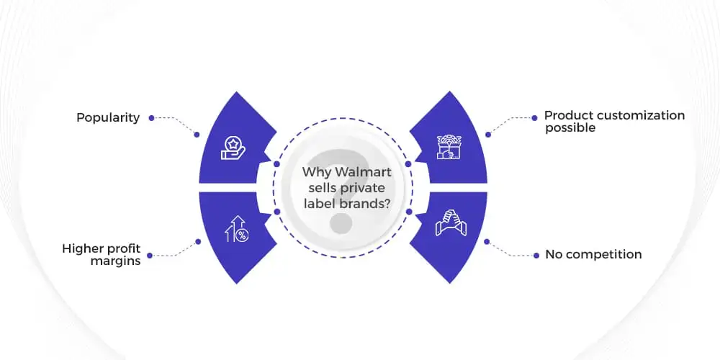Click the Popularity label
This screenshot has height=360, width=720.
click(x=108, y=118)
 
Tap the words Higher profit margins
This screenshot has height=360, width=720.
click(x=102, y=256)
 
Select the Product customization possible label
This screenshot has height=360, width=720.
click(x=614, y=122)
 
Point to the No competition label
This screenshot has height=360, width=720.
click(x=593, y=254)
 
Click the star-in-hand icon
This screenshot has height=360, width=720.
click(x=233, y=148)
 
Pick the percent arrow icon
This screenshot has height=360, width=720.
click(x=236, y=229)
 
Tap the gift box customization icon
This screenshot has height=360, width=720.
click(x=449, y=147)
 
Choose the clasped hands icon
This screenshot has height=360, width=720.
click(x=451, y=222)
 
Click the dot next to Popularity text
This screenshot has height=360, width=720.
click(x=151, y=118)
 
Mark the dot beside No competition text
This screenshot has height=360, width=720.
click(x=536, y=256)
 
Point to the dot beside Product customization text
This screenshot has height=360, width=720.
click(x=534, y=118)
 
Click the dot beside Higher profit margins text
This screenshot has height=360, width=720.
click(x=150, y=256)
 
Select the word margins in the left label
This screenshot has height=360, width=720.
click(x=115, y=262)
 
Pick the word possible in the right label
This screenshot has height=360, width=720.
click(x=570, y=128)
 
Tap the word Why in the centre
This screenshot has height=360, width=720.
click(x=317, y=173)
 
